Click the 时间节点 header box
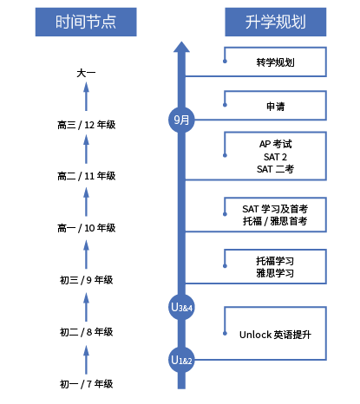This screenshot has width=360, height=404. [86, 22]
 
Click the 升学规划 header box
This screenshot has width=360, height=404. [276, 22]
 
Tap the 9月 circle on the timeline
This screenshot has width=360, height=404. [181, 120]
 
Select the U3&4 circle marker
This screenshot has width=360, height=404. [181, 307]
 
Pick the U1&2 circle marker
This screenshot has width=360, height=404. [181, 360]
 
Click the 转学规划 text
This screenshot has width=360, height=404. [275, 62]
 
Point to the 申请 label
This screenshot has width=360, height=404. [275, 106]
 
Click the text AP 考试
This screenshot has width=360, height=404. [275, 144]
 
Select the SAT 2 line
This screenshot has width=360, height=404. [275, 157]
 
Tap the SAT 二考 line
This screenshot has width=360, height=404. [275, 169]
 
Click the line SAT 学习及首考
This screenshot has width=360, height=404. [275, 209]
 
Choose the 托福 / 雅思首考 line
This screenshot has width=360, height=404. [275, 221]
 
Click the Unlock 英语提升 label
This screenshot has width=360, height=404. [275, 335]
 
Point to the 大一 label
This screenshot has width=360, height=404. [86, 73]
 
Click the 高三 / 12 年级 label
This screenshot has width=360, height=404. [86, 125]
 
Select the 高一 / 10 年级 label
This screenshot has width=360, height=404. [86, 228]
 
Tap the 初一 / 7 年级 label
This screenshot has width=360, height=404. [86, 384]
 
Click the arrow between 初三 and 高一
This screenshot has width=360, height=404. [86, 255]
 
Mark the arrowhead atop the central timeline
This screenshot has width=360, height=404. [181, 47]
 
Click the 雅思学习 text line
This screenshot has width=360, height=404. [275, 273]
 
